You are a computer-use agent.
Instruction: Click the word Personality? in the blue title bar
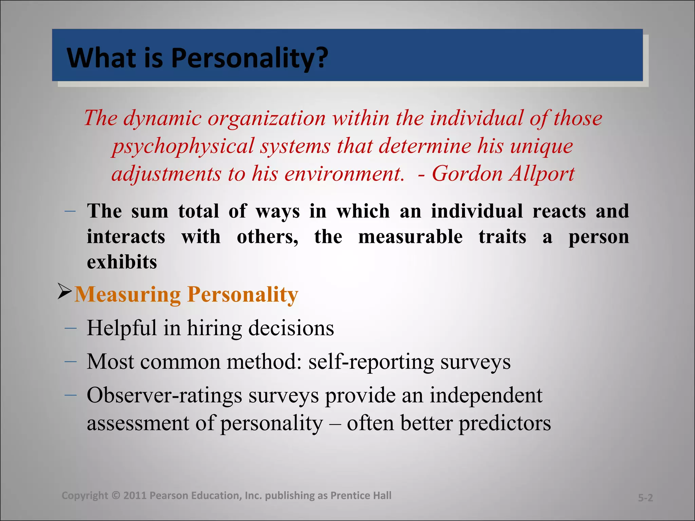249,58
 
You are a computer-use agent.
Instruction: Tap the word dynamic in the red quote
162,119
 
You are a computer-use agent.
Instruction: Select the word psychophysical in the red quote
183,147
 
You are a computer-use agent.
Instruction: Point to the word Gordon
467,174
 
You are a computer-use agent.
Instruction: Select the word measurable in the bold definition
410,237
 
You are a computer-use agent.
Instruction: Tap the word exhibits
122,262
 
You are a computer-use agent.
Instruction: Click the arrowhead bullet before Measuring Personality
64,291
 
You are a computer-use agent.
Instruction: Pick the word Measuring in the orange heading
127,294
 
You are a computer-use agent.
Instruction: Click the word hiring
214,328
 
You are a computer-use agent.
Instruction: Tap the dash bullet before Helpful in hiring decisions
70,328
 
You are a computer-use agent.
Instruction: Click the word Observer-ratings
164,395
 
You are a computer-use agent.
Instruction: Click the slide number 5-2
645,498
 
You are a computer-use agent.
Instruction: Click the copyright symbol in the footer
115,496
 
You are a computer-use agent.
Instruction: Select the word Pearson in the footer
169,496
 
